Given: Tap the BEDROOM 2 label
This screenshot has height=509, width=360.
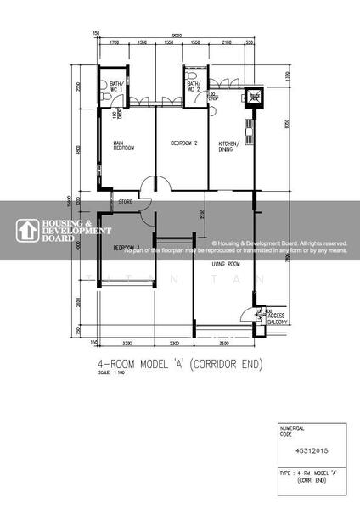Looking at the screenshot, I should click(183, 143).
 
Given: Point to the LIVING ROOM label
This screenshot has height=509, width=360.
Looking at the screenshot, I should click(225, 264).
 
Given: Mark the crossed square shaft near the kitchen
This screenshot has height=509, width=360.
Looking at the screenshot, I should click(254, 97).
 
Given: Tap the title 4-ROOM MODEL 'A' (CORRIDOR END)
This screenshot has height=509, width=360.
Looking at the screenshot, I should click(182, 366).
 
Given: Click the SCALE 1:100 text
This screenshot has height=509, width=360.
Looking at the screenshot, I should click(111, 374).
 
